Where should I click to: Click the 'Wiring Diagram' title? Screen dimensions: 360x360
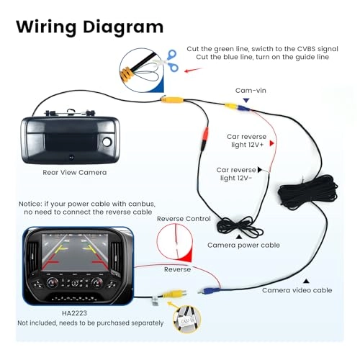[89, 27]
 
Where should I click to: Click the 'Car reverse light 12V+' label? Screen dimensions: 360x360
[246, 140]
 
